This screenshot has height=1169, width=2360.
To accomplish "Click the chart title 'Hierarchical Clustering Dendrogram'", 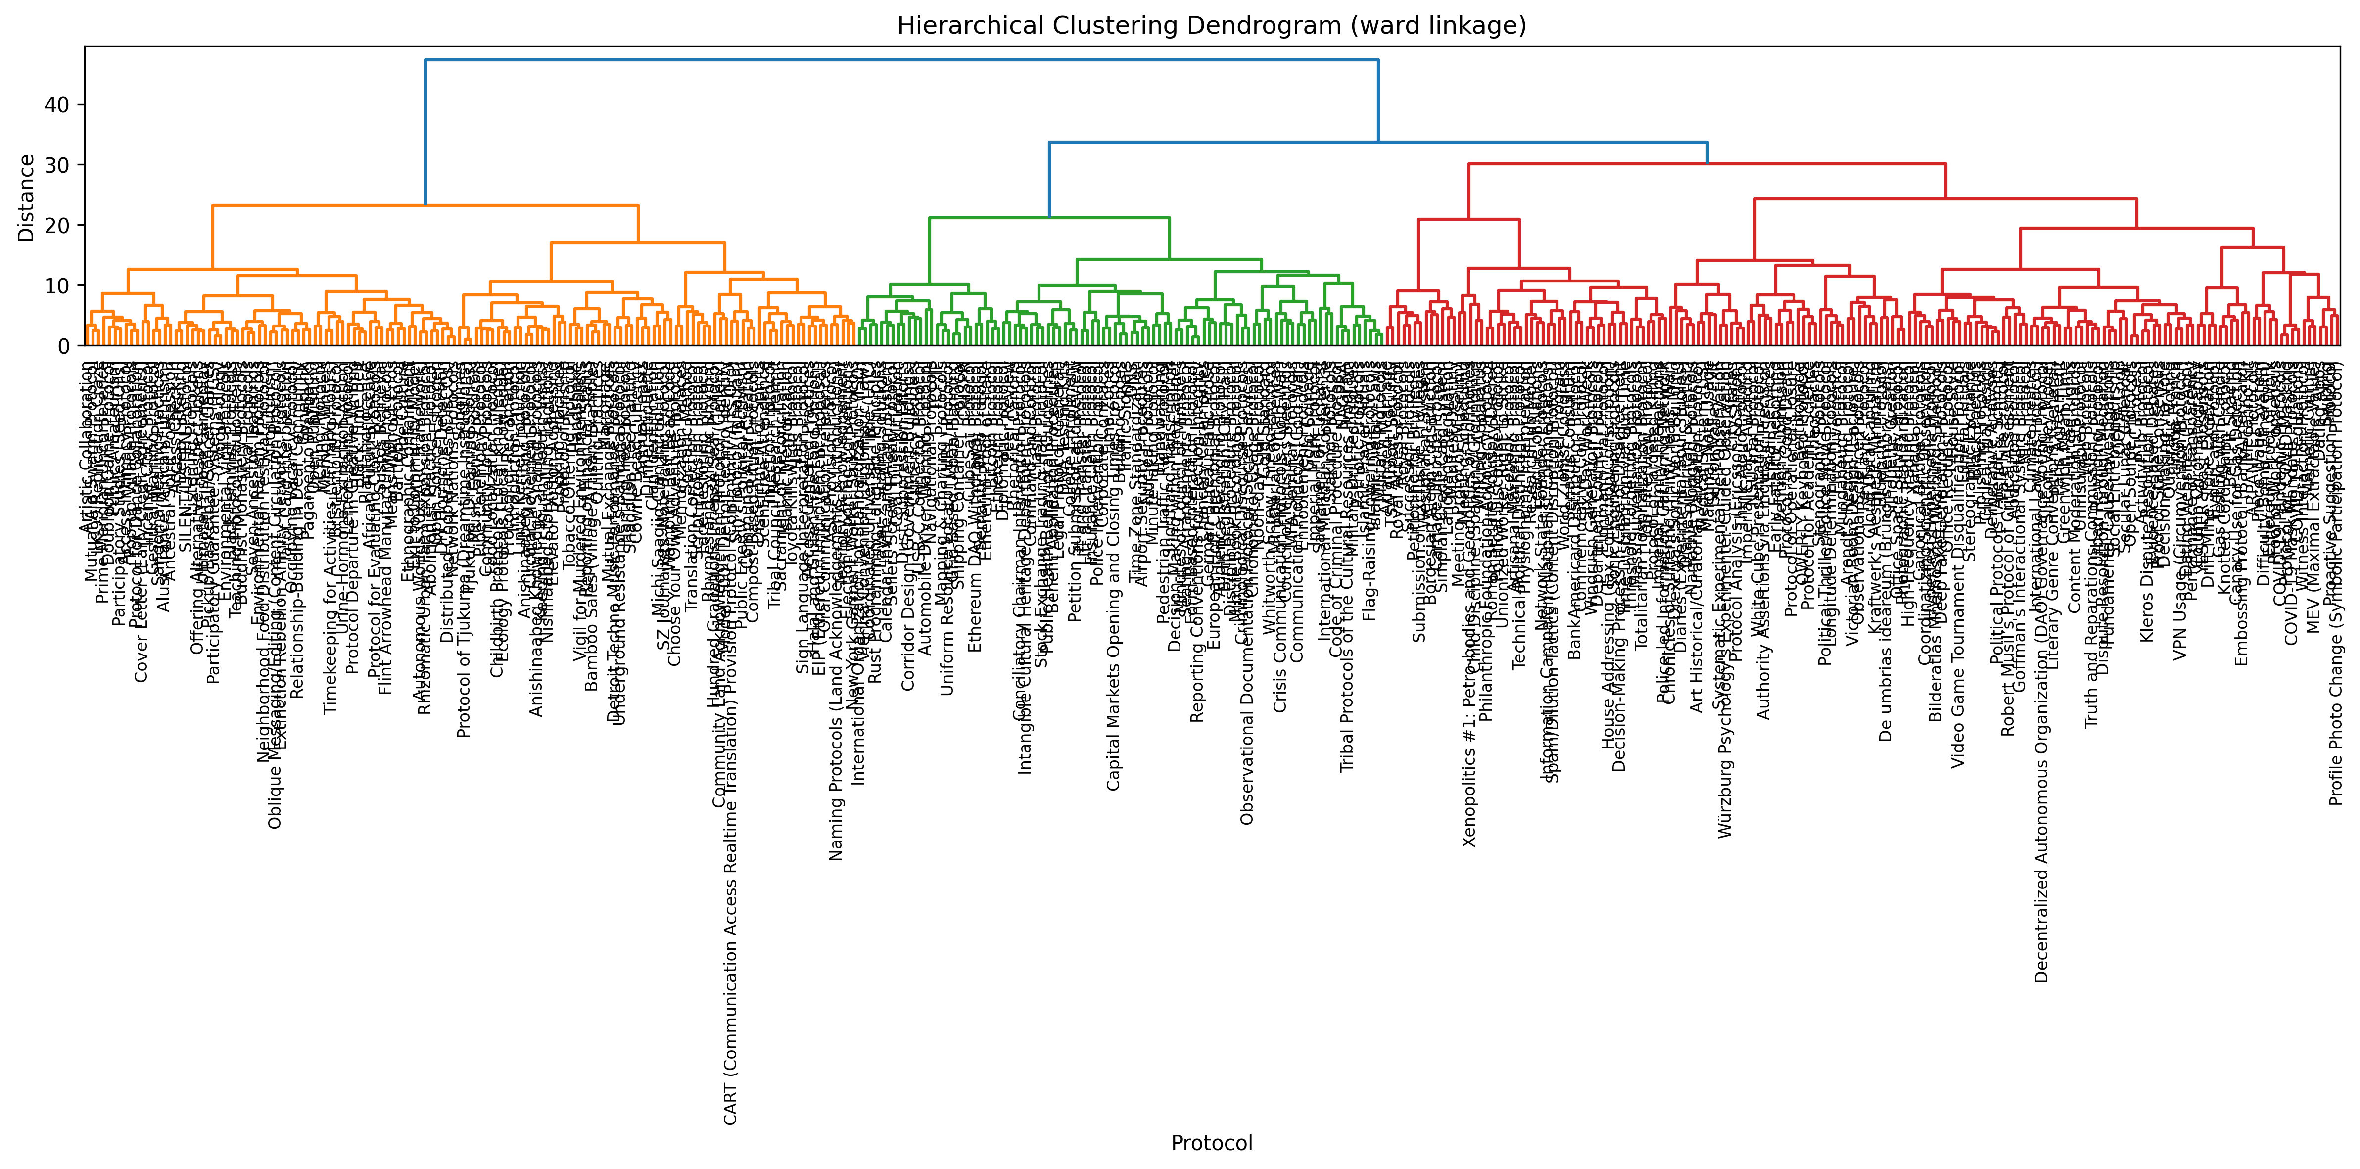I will pos(1211,26).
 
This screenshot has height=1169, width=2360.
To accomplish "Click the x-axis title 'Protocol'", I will pos(1211,1142).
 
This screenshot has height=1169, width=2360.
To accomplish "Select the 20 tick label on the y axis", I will pos(57,226).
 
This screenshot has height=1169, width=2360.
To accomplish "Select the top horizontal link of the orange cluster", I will pos(425,205).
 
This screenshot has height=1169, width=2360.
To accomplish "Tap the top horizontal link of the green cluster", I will pos(1049,218).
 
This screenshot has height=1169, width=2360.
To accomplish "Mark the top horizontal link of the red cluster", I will pos(1707,164).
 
